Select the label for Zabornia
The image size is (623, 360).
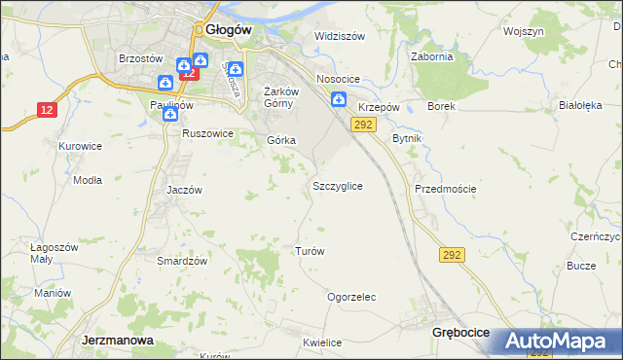[x=432, y=56]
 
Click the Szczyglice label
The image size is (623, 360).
[x=338, y=185]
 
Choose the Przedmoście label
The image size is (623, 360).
[x=445, y=189]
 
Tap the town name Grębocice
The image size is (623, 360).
[x=460, y=333]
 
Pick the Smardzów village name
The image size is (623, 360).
[x=182, y=261]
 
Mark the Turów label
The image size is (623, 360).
[x=309, y=250]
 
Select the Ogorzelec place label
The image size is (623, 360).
[x=351, y=297]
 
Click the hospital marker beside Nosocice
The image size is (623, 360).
[x=338, y=98]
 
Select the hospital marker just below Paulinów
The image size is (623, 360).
[x=170, y=114]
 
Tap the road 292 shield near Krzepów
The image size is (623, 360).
[x=363, y=125]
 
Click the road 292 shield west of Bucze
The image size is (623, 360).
[x=452, y=255]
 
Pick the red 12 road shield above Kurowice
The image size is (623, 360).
[x=47, y=110]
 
